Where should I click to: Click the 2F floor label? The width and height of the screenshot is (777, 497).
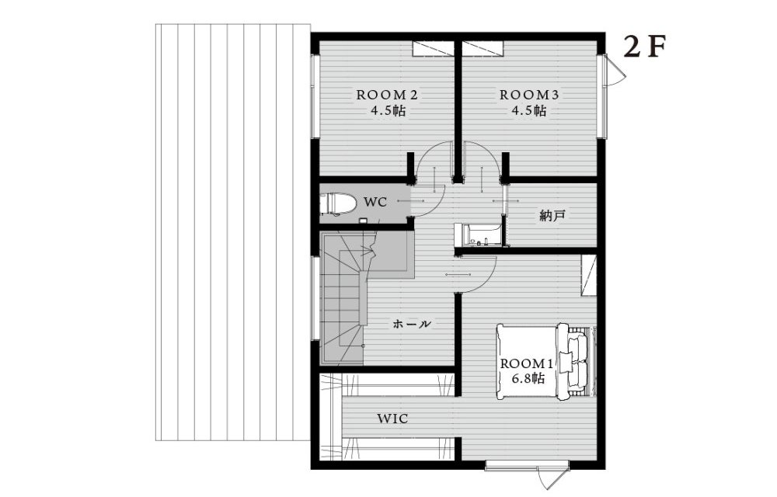[x=643, y=47]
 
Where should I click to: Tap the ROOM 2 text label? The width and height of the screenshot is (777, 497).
[x=387, y=95]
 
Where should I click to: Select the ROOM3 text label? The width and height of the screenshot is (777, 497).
[x=528, y=95]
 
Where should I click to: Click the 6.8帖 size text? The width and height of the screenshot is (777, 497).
[x=528, y=379]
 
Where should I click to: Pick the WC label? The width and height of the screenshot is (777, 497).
[x=375, y=203]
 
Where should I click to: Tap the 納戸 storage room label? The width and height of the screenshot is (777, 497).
[x=552, y=215]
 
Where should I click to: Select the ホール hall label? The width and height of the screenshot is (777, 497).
[x=411, y=325]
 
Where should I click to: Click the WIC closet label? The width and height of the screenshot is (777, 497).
[x=393, y=419]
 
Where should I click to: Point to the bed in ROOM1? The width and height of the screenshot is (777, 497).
[x=545, y=361]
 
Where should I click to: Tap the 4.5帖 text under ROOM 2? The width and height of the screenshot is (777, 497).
[x=388, y=111]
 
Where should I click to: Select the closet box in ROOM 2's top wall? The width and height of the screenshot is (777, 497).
[x=433, y=48]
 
